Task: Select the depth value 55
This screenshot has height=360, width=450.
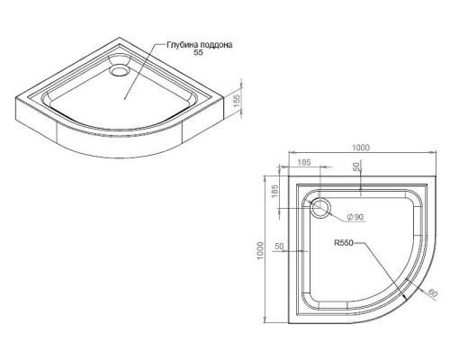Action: click(199, 52)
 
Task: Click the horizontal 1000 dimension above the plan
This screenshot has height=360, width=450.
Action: click(361, 148)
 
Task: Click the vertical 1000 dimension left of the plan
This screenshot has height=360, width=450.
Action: click(260, 251)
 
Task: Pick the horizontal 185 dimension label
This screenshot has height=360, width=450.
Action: click(304, 163)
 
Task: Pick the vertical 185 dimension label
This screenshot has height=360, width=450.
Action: click(275, 191)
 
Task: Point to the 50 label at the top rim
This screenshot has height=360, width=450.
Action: click(357, 166)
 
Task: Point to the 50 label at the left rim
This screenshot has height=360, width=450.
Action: click(279, 247)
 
